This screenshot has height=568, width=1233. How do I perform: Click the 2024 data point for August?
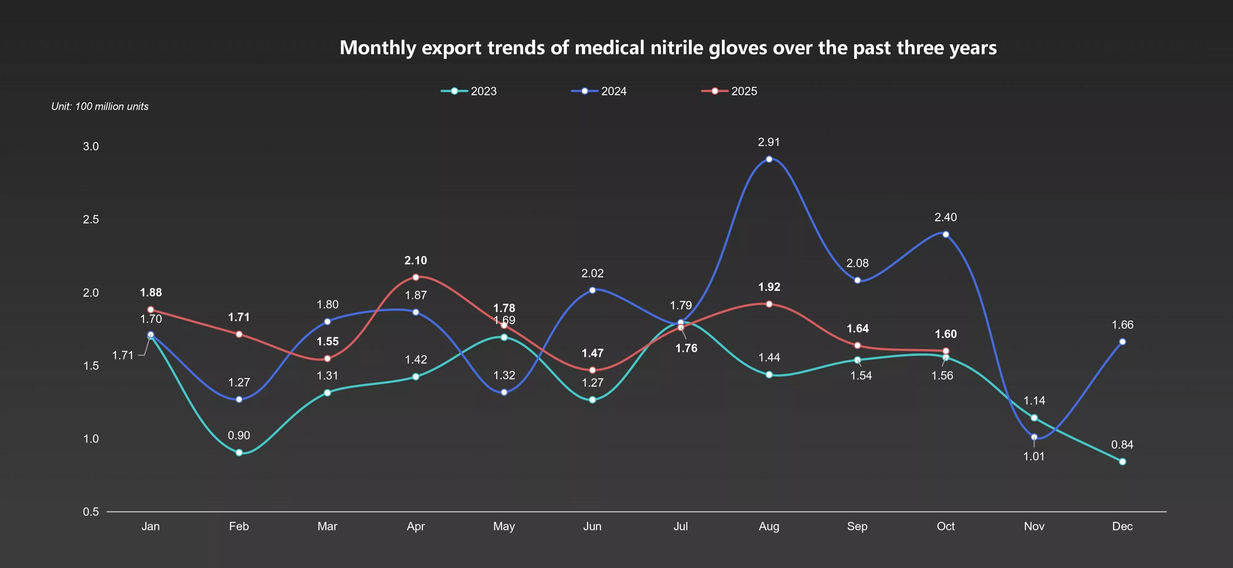click(x=769, y=159)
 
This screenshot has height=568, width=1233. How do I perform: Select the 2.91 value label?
click(x=769, y=142)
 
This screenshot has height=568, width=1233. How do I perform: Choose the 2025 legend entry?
click(x=729, y=91)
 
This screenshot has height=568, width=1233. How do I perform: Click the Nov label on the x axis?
click(x=1034, y=526)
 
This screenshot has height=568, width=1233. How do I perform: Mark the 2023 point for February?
click(x=239, y=452)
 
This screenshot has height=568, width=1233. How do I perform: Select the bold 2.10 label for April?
click(x=416, y=261)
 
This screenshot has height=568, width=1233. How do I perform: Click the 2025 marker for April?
click(x=416, y=277)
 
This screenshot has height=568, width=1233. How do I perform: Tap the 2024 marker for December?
click(x=1122, y=342)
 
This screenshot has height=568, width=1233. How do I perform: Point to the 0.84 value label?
click(x=1122, y=445)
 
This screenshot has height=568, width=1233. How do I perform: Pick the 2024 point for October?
click(x=946, y=234)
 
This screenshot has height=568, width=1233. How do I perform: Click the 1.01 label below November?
click(x=1034, y=456)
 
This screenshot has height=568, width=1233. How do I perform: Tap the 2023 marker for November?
click(x=1034, y=418)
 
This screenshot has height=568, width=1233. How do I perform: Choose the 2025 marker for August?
click(x=769, y=304)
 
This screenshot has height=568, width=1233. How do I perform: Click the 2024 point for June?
click(x=592, y=290)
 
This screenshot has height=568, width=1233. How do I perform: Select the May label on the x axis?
click(x=504, y=526)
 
